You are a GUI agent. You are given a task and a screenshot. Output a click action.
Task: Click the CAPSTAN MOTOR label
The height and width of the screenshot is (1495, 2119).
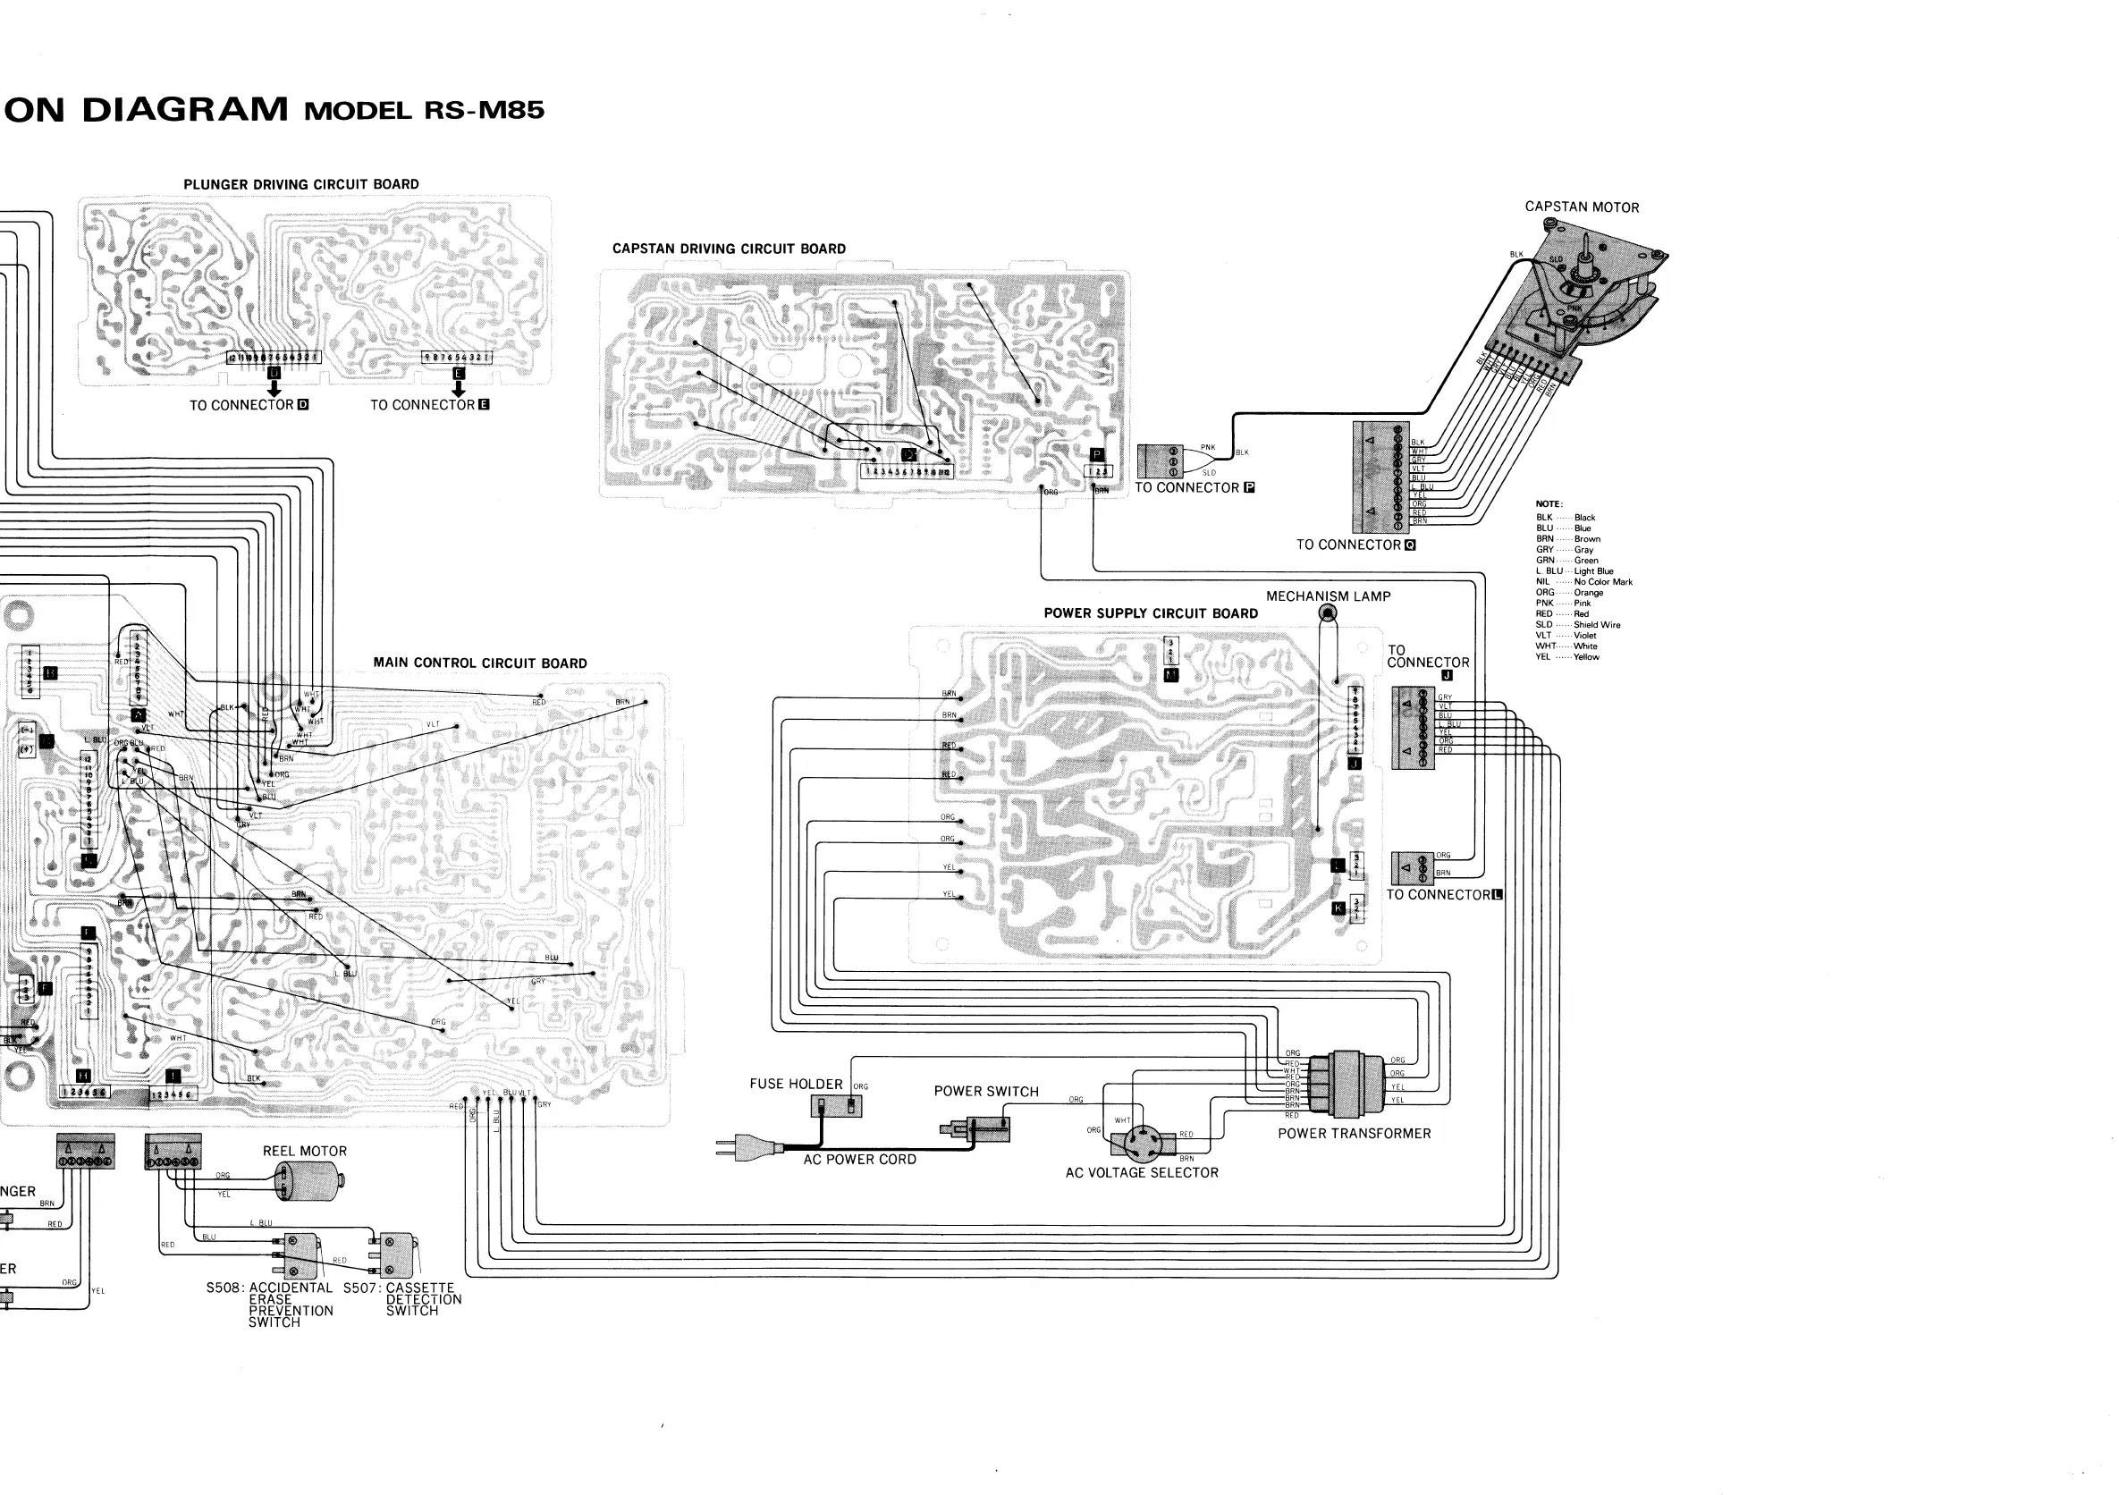pos(1582,207)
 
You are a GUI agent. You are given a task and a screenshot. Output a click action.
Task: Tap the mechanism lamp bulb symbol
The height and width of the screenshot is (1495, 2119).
pos(1328,612)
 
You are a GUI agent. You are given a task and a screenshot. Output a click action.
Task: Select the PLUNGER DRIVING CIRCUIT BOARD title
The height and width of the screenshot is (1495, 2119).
pos(301,184)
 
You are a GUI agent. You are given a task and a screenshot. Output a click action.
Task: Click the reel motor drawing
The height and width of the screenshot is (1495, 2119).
pos(310,1180)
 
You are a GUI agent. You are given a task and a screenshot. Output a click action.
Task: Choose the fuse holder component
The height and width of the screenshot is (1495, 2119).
pos(836,1104)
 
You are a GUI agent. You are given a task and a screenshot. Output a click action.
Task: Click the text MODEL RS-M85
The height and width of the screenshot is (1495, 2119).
pos(425,111)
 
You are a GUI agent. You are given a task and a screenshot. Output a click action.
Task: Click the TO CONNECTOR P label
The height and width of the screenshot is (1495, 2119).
pos(1195,488)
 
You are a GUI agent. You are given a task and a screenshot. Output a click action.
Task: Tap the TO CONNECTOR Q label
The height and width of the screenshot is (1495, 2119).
pos(1355,545)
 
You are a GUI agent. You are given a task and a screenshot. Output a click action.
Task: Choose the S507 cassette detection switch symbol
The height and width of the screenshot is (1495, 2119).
pos(394,1254)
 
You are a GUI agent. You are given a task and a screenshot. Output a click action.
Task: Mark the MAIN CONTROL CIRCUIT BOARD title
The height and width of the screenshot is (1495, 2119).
pos(480,663)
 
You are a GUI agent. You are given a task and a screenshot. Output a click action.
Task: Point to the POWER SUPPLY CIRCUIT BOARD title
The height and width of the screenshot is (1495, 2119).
pos(1151,613)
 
